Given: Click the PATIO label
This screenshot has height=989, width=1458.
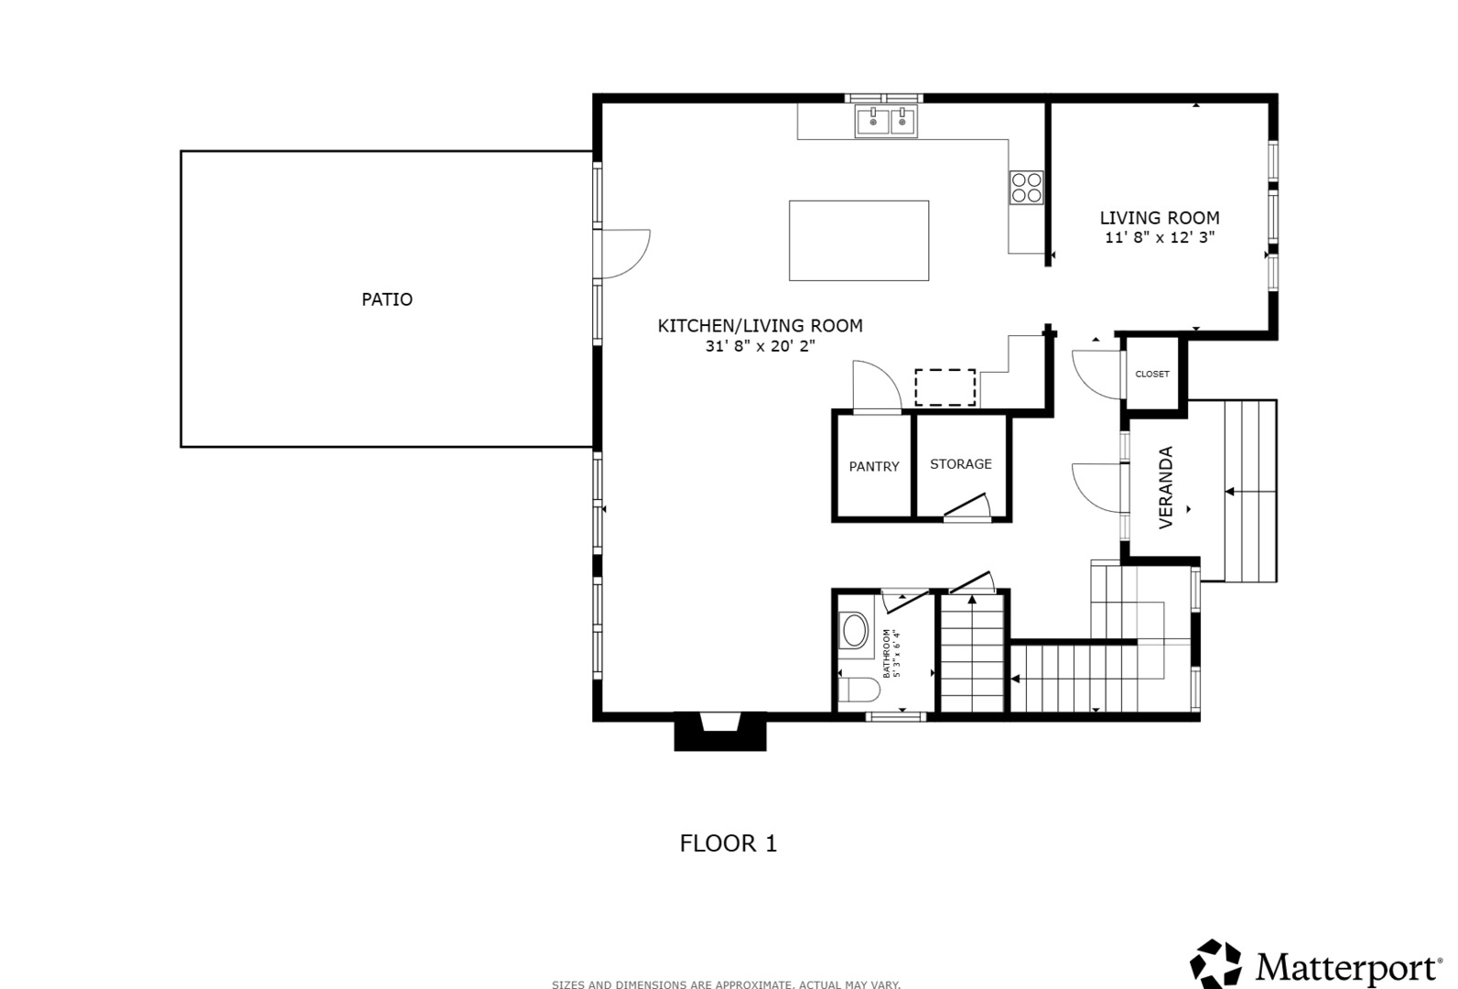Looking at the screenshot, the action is pos(387,299).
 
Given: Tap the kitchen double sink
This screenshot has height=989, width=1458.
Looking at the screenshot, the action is pos(886,122).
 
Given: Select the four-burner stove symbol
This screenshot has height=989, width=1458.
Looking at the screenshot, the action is pos(1027,188).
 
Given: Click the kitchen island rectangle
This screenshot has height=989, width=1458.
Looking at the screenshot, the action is pos(859,241).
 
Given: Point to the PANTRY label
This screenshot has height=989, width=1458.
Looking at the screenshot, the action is pos(874,466).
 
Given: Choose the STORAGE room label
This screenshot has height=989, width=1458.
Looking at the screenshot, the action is pos(961,463).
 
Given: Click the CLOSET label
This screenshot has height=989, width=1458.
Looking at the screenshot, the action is pos(1152,374).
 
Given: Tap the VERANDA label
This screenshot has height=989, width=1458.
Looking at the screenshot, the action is pos(1166,487).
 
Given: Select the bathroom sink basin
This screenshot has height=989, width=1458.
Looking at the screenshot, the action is pos(855,630).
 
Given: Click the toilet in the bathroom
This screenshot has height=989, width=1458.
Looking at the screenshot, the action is pos(859,690).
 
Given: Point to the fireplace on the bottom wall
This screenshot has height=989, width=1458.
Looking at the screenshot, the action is pos(720,731).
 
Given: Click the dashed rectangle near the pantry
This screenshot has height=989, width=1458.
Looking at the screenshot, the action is pos(945,387).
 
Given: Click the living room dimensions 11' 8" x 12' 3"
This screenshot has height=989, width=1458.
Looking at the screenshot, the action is pos(1160,238).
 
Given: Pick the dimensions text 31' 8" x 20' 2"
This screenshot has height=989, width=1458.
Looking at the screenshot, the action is pos(761,346).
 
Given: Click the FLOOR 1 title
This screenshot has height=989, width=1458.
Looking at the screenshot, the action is pos(729,843).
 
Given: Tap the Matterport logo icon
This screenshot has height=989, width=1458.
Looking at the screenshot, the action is pos(1215,964).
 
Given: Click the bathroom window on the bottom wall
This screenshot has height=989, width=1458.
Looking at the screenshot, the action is pos(896,717).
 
